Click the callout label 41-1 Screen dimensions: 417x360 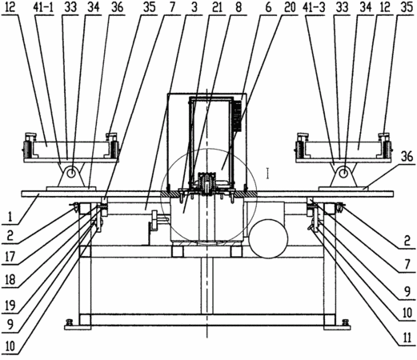43,7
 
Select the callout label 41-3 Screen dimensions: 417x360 314,7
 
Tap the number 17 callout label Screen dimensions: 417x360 10,258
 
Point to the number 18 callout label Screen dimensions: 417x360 10,280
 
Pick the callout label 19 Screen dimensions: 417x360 10,306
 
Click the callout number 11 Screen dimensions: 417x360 407,338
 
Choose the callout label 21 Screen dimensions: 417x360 216,7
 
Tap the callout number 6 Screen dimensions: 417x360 268,7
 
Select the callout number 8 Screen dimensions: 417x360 239,7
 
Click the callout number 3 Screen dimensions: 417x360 194,7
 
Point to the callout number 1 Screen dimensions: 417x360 10,217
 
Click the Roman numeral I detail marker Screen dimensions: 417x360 267,174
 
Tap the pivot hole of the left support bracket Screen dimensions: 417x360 71,174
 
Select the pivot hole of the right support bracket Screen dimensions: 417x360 343,174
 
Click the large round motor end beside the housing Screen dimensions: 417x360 269,238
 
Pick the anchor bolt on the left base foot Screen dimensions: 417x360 70,322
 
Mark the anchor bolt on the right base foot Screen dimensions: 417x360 345,322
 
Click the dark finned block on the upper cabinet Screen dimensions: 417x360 238,116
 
